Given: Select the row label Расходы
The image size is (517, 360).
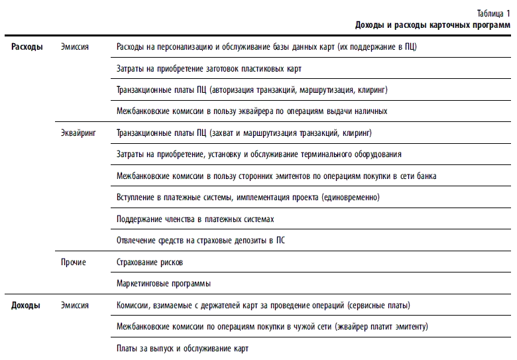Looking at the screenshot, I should (27, 47).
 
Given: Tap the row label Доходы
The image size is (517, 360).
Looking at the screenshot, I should (26, 306).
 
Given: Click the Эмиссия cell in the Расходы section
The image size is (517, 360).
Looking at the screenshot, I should (74, 47).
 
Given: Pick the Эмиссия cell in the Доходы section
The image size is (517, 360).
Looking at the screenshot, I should (74, 306).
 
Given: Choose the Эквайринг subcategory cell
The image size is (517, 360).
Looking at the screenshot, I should (78, 133).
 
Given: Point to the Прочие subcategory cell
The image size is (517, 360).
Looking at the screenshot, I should (73, 263).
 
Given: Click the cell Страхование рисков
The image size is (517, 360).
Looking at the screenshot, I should (149, 263).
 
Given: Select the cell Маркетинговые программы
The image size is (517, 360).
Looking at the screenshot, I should (163, 284).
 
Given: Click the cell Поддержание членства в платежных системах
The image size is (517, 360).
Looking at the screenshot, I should (195, 219).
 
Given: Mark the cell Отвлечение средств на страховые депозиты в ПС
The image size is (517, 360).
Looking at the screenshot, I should (200, 241).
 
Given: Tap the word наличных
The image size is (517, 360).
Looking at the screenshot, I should (369, 111).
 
